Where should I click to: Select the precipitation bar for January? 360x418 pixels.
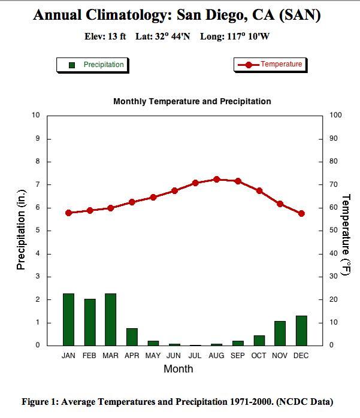[x=68, y=319]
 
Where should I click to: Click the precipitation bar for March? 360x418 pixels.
[x=110, y=319]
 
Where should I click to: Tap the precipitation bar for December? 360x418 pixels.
[x=301, y=330]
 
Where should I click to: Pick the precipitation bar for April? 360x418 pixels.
[x=132, y=337]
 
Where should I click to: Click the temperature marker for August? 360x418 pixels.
[x=217, y=179]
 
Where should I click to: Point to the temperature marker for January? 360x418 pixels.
[x=68, y=213]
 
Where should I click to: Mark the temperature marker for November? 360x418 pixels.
[x=280, y=204]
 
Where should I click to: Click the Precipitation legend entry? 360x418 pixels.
[x=96, y=65]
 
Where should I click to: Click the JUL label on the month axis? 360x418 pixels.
[x=195, y=356]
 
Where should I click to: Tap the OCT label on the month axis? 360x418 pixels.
[x=259, y=356]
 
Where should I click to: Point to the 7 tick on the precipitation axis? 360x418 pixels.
[x=37, y=184]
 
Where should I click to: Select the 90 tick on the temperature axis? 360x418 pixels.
[x=334, y=138]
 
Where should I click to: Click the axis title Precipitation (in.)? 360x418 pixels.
[x=21, y=229]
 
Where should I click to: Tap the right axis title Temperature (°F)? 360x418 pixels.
[x=346, y=234]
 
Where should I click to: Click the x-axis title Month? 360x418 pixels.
[x=179, y=369]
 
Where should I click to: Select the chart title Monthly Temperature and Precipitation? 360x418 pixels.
[x=192, y=101]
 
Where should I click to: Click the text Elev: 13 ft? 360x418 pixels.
[x=105, y=37]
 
